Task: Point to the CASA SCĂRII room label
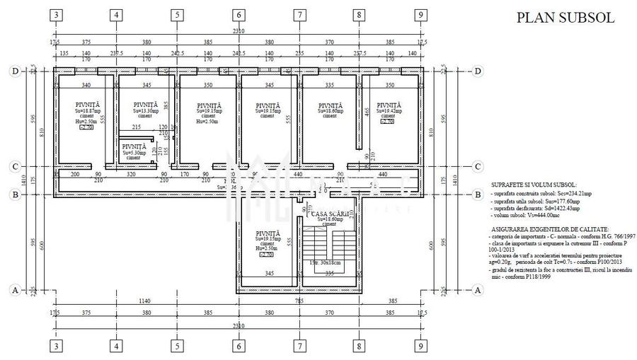point(331,213)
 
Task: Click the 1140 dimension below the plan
point(144,301)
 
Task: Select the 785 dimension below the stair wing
point(299,301)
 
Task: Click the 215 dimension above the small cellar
point(137,127)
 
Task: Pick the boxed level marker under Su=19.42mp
point(387,122)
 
